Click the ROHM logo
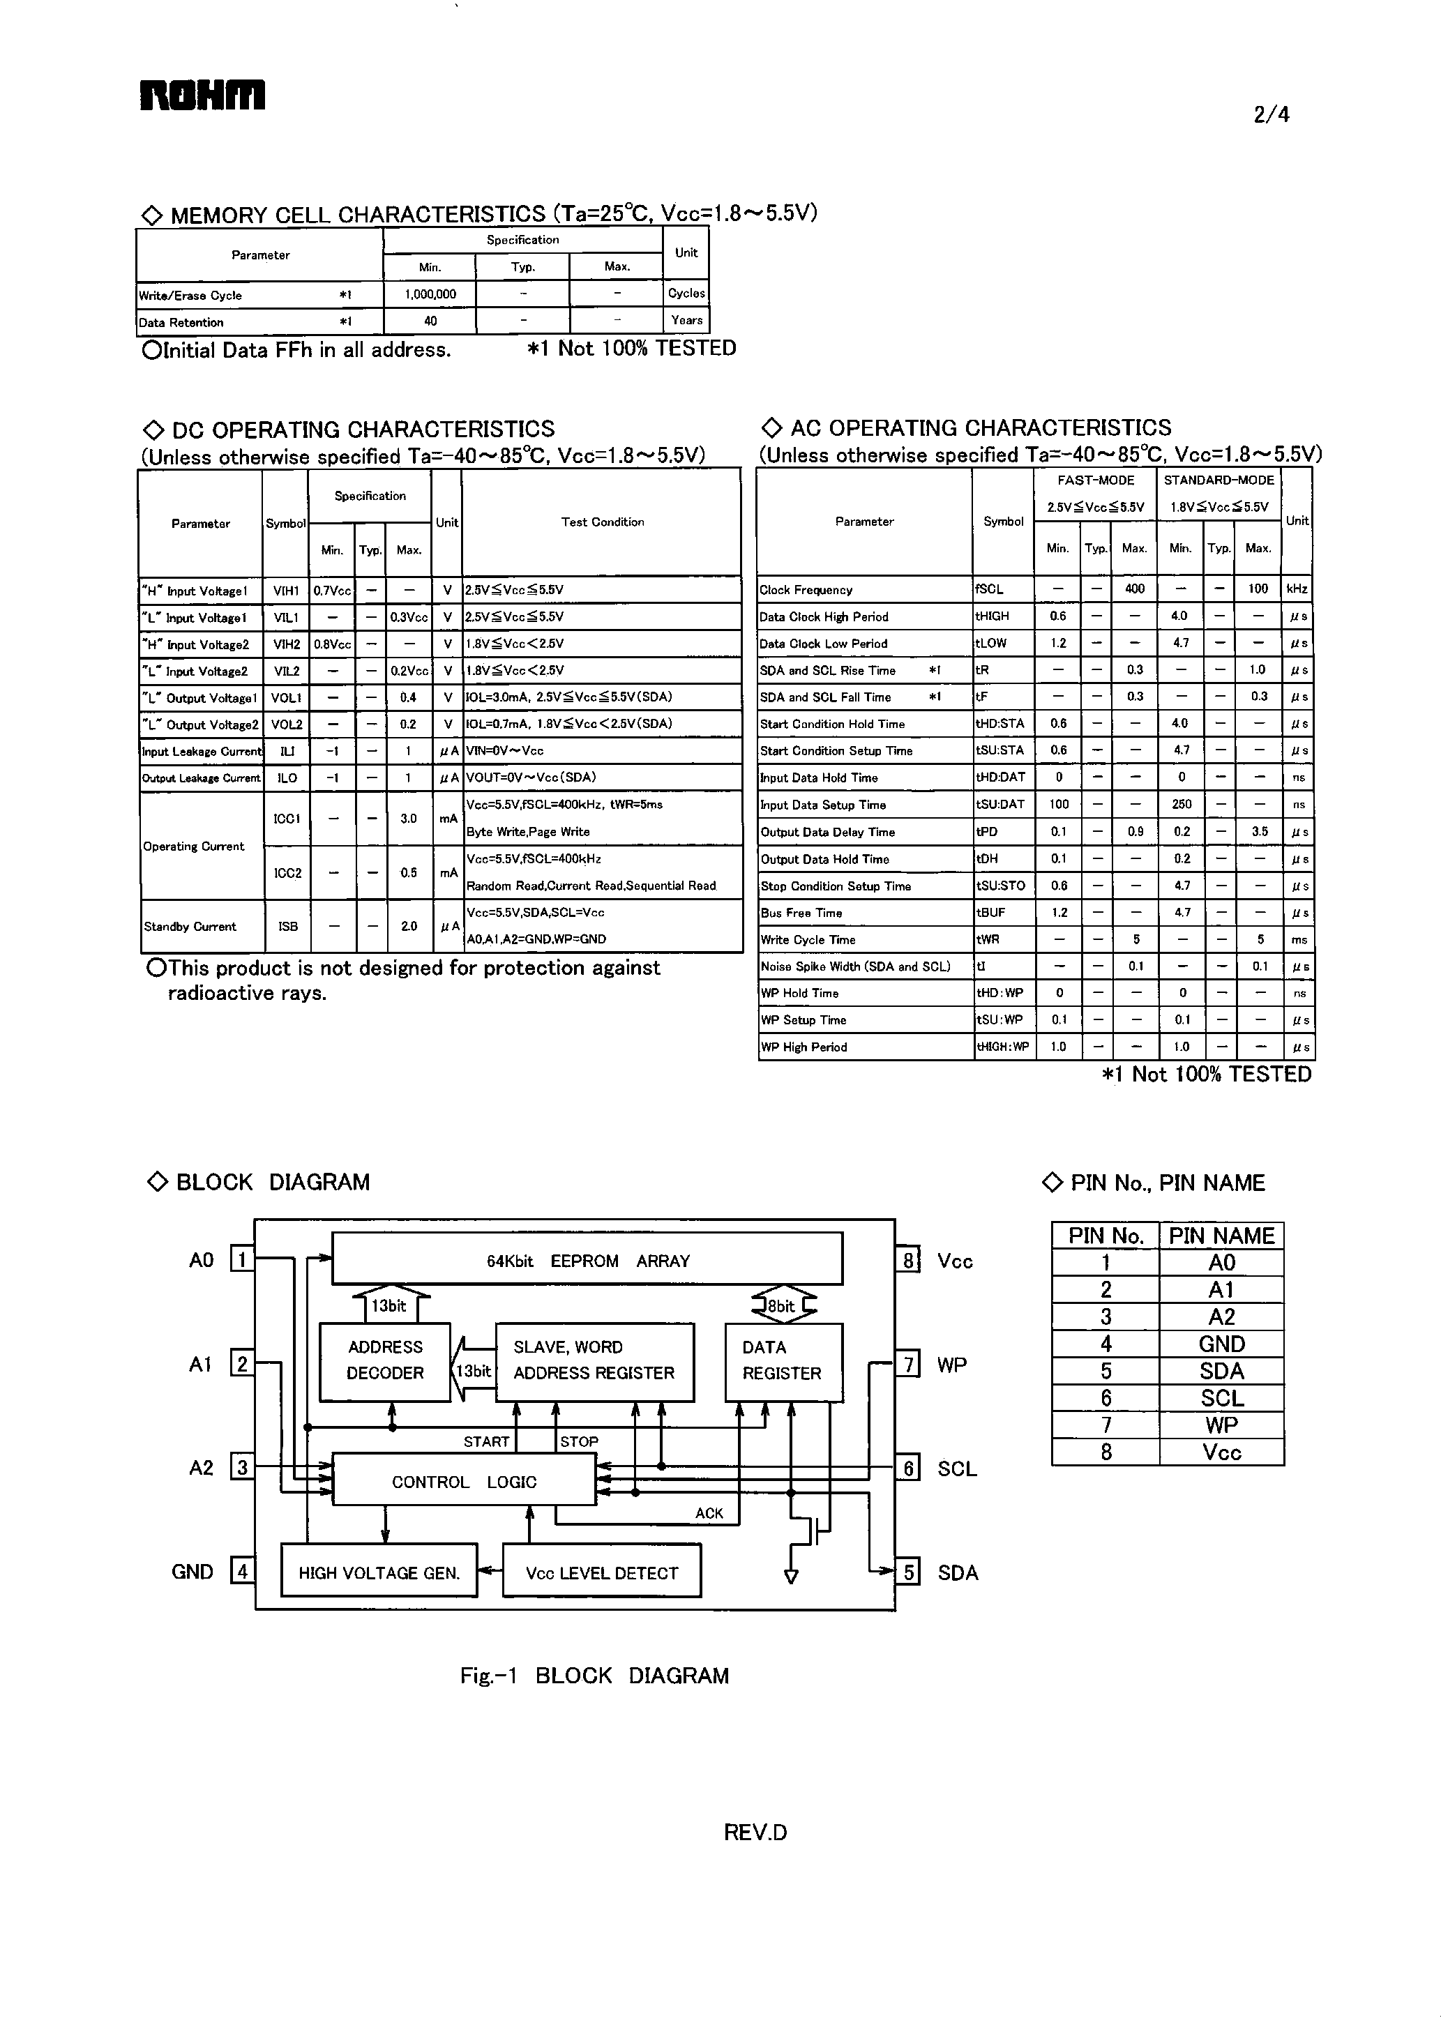point(202,96)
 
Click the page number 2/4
point(1271,114)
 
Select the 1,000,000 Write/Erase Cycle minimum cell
point(430,294)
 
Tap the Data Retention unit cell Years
point(686,320)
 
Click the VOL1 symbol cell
point(286,698)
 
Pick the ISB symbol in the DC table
point(287,926)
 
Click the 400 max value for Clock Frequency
point(1134,589)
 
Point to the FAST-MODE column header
point(1095,480)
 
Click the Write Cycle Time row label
point(808,939)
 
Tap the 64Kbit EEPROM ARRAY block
point(587,1261)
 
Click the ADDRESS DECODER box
point(385,1360)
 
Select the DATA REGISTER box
point(782,1360)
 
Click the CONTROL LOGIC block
point(464,1481)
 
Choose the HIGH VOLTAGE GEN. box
point(379,1572)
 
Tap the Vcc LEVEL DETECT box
point(602,1572)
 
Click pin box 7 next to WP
point(907,1363)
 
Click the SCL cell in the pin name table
point(1221,1398)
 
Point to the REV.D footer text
point(755,1832)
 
